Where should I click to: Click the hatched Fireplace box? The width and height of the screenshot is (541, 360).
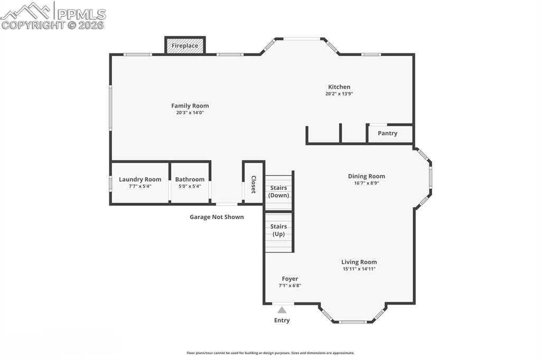coord(185,45)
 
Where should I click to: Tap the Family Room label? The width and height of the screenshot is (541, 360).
coord(190,106)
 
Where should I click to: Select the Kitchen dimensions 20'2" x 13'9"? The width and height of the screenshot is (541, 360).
coord(339,94)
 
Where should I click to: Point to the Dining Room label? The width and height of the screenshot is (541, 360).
coord(366,176)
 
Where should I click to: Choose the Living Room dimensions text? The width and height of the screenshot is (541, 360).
coord(359,269)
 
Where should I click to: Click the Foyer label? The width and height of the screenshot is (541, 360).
coord(290,279)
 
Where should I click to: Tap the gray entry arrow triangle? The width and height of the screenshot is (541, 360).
coord(282,310)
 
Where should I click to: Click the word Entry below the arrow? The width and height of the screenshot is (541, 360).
coord(282,320)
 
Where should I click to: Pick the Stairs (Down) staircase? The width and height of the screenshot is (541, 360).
coord(278,192)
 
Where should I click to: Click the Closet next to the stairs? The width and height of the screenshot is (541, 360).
coord(253,184)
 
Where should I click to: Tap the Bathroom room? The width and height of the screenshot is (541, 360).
coord(190,182)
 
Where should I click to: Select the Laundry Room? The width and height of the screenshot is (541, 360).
coord(140,182)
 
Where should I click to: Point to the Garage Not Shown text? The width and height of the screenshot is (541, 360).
coord(217,217)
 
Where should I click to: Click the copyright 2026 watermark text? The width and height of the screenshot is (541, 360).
coord(53,25)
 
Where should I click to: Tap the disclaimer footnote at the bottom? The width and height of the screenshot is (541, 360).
coord(270,353)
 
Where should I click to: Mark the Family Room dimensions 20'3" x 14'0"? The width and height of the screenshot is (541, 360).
coord(190,112)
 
